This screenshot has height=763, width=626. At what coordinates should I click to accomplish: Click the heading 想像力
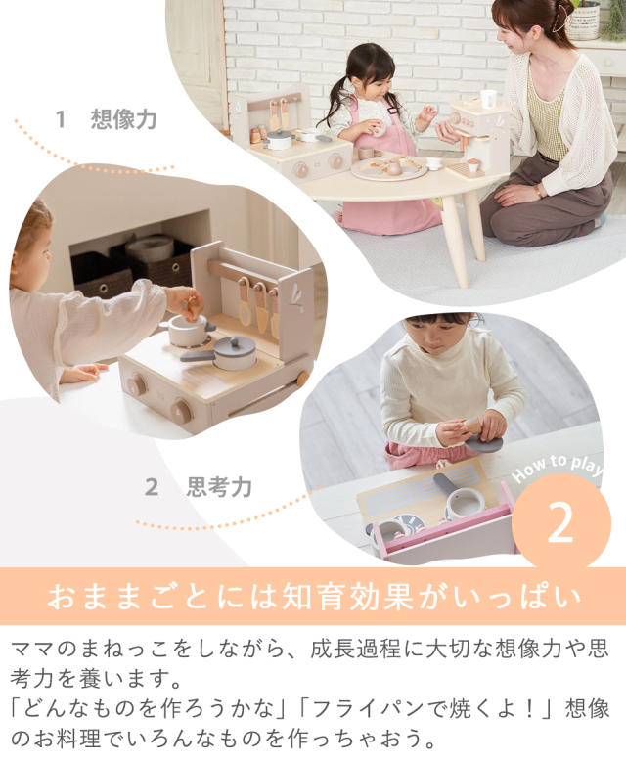[123, 119]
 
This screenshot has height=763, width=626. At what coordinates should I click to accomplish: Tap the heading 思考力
[219, 487]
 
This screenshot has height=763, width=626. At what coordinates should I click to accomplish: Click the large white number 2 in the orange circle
[560, 522]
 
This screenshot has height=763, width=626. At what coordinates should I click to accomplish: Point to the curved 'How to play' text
[558, 466]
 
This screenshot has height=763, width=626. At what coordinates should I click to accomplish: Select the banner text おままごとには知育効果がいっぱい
[314, 597]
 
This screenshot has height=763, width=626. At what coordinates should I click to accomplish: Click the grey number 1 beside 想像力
[61, 119]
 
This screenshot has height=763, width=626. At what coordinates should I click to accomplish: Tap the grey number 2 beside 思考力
[152, 487]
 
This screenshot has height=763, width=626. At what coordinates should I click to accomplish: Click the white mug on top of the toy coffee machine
[488, 99]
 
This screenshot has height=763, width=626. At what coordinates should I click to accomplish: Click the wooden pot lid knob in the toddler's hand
[193, 308]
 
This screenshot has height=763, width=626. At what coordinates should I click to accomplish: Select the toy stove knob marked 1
[136, 386]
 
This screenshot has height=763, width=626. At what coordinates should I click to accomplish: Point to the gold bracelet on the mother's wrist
[538, 191]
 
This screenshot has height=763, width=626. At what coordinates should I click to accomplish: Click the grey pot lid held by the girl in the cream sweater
[483, 443]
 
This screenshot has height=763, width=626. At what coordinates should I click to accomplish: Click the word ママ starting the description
[32, 650]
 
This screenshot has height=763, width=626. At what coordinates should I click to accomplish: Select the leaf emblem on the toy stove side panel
[295, 294]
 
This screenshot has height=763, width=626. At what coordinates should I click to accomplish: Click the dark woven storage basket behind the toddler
[100, 274]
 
